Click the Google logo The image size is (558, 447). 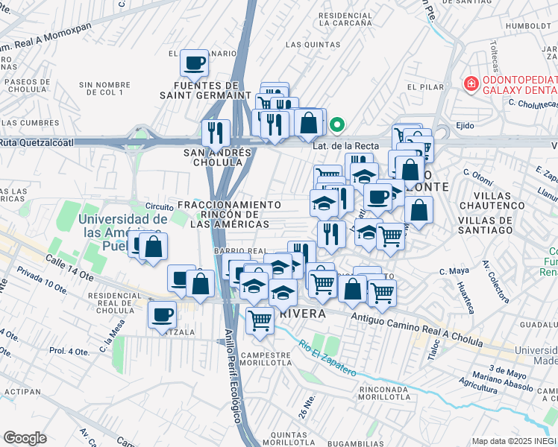click(x=25, y=437)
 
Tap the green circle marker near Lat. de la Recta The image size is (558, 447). click(x=337, y=124)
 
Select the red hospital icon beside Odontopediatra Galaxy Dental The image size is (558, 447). click(x=471, y=83)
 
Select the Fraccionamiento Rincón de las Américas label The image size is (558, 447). click(x=230, y=214)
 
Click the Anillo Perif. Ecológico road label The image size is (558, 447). click(x=233, y=378)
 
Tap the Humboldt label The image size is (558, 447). click(x=527, y=25)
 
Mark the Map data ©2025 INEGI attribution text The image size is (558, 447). click(x=514, y=441)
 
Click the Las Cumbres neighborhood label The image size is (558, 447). click(x=30, y=122)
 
